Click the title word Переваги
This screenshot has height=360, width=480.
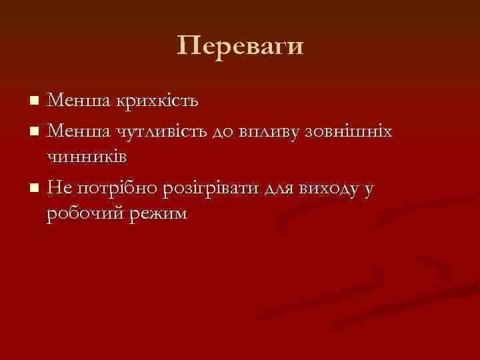tap(240, 46)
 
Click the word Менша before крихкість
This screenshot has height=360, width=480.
tap(70, 101)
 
